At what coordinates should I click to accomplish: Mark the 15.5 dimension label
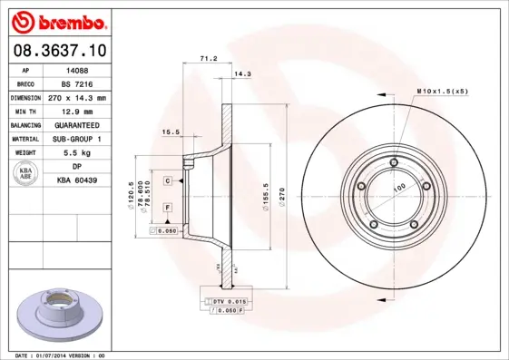coord(171,132)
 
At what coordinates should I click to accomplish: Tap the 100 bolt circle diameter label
coord(397,189)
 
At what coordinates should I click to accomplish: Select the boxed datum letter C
coord(168,181)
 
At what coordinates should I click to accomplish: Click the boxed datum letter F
coord(168,209)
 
